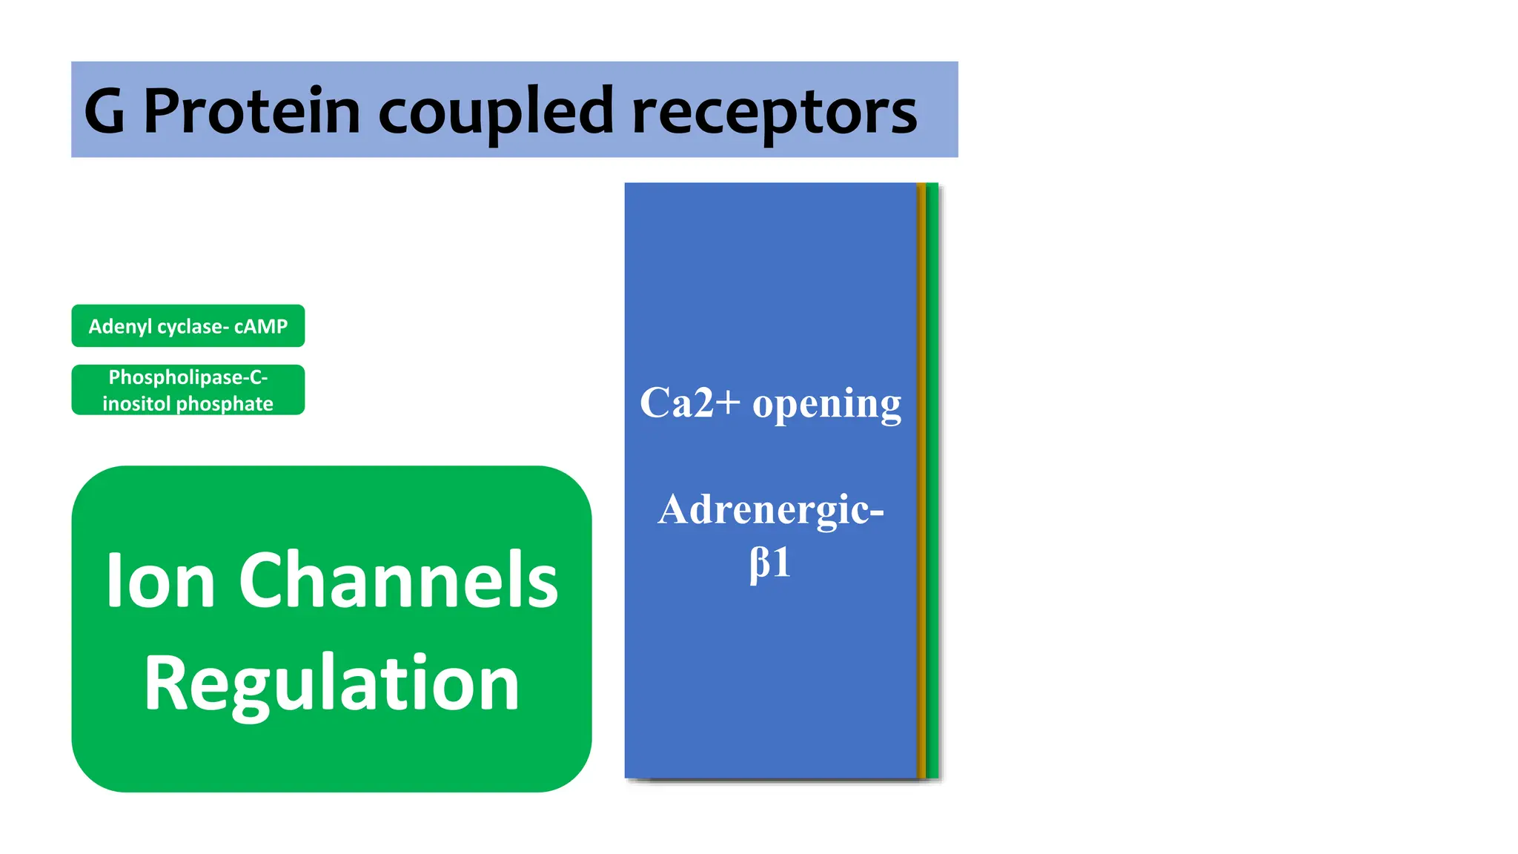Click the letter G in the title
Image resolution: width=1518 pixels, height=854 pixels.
pos(105,112)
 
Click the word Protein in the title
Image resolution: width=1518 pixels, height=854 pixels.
pos(251,112)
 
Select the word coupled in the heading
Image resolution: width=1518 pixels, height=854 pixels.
pos(496,112)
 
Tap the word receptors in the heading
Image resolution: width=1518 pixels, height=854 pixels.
pos(774,112)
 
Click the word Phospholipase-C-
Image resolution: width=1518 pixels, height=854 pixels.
pos(188,377)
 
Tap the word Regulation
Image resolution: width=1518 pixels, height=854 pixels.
pos(331,684)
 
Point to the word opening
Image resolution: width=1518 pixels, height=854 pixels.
pos(826,405)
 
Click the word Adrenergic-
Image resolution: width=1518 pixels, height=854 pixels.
pos(771,510)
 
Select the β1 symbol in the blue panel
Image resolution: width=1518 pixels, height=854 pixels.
pos(770,563)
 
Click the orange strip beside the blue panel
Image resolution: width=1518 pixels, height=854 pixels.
pos(921,482)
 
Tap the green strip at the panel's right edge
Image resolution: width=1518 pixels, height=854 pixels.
pos(932,482)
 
